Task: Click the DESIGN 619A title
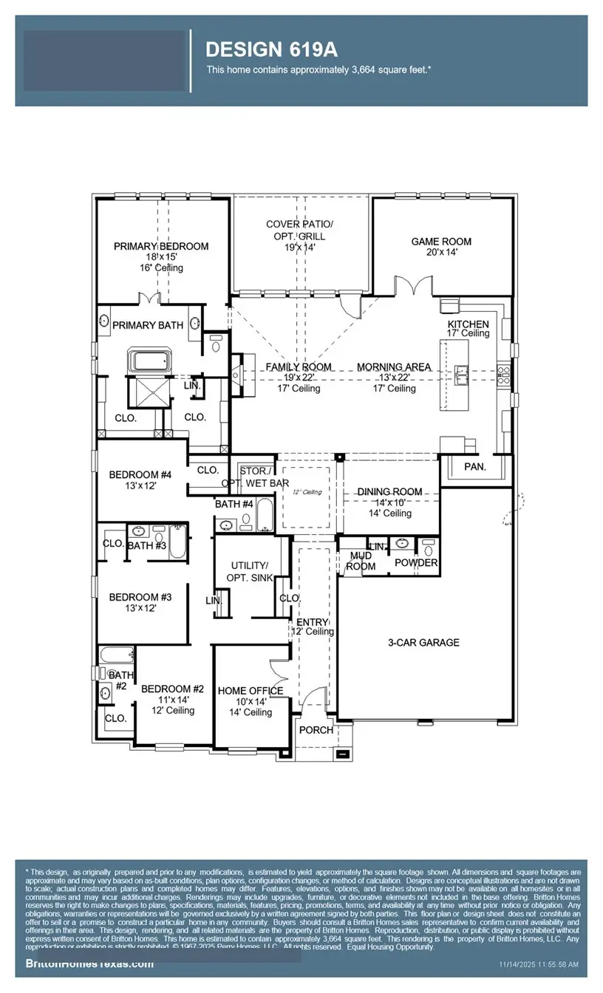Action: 271,50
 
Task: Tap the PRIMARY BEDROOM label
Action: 161,246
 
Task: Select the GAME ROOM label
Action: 441,242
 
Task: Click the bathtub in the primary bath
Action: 151,361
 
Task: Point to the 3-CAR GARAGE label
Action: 423,643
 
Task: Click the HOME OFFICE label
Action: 251,691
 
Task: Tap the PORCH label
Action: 317,730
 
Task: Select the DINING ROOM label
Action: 389,491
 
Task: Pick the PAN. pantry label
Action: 474,467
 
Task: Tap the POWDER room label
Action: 417,563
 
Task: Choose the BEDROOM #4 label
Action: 140,475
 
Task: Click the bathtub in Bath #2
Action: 115,655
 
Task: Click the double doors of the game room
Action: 412,286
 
